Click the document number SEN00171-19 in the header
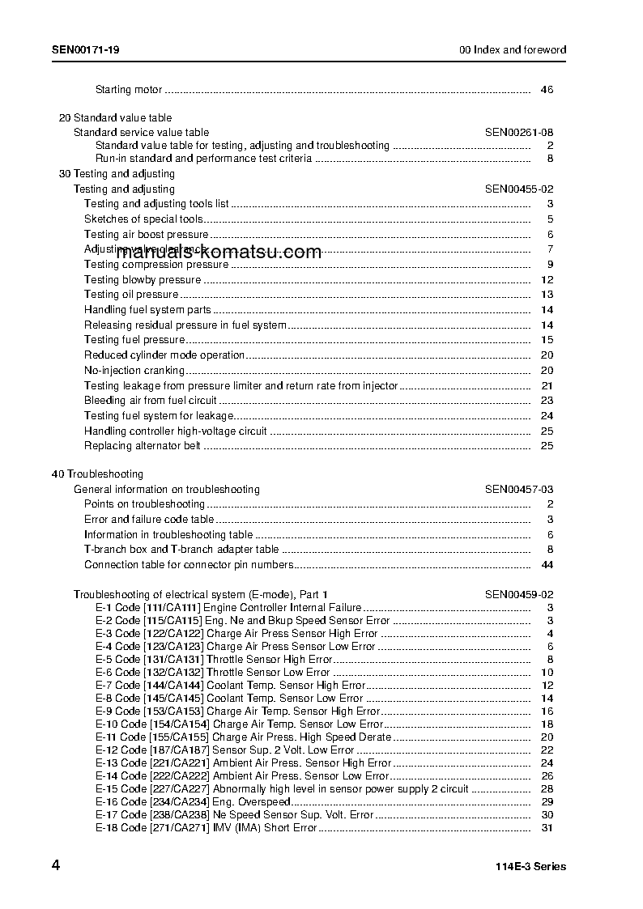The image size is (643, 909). [x=87, y=49]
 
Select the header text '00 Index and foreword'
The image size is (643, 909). [x=513, y=49]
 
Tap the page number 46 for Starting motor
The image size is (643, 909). [x=547, y=89]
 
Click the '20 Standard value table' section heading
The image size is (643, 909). [x=116, y=117]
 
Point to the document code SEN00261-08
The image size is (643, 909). [x=519, y=132]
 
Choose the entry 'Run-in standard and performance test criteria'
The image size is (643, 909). [x=203, y=159]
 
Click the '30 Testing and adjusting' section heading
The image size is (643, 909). [x=117, y=173]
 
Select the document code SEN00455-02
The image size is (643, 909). [x=519, y=189]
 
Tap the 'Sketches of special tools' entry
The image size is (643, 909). [x=143, y=219]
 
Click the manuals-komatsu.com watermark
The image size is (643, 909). [x=219, y=253]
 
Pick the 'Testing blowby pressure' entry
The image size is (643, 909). [x=143, y=279]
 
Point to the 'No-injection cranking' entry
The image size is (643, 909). [x=134, y=370]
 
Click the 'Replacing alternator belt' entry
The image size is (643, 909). [x=143, y=445]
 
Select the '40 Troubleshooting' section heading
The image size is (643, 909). [x=97, y=474]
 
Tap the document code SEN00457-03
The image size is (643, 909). [x=519, y=489]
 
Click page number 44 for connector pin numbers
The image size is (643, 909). [x=547, y=564]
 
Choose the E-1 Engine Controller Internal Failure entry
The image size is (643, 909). [x=228, y=607]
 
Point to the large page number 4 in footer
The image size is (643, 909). [x=56, y=865]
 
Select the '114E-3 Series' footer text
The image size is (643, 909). [x=530, y=866]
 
